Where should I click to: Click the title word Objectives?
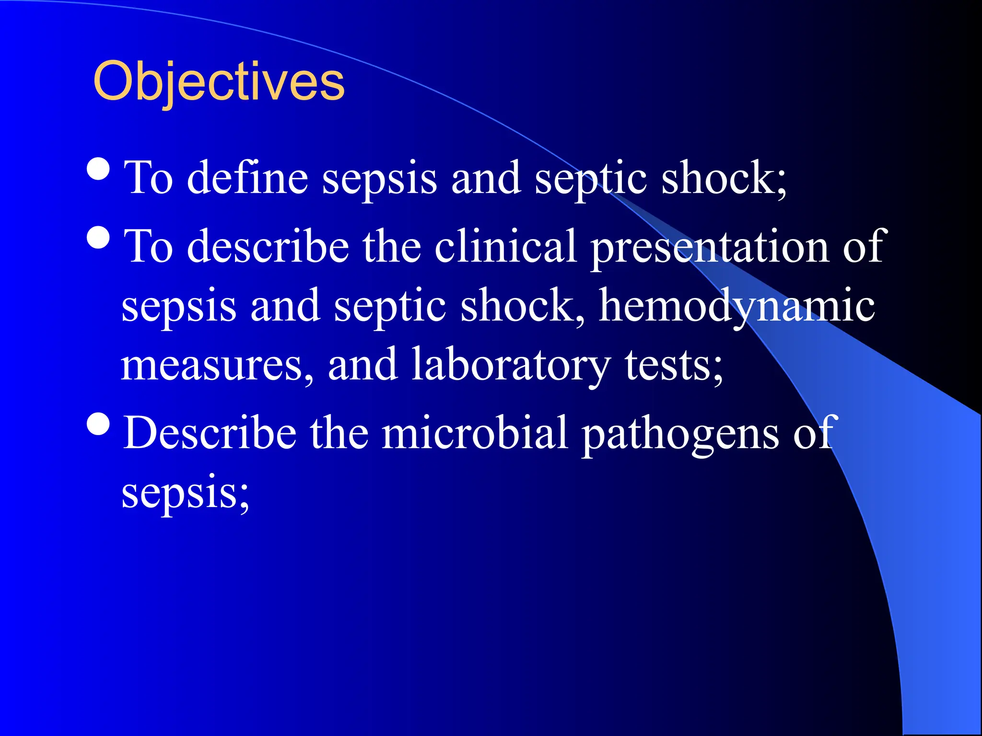tap(219, 82)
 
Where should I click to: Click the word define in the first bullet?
tap(247, 178)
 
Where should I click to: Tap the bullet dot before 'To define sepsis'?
tap(99, 168)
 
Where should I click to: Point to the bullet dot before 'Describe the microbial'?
tap(99, 424)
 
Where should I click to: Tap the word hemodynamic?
tap(737, 307)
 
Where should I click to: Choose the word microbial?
tap(475, 433)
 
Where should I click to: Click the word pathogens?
tap(680, 434)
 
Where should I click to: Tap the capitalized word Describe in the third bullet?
tap(210, 433)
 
